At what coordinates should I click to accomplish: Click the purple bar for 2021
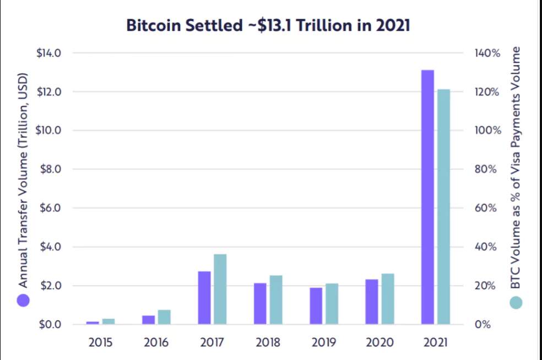coord(427,197)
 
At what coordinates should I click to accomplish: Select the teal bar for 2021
coord(443,206)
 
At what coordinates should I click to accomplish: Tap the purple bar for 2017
coord(204,298)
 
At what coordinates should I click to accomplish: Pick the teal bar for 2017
coord(220,289)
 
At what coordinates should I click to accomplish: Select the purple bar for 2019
coord(316,305)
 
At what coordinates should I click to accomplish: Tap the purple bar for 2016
coord(149,320)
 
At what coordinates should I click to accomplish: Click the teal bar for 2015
coord(109,321)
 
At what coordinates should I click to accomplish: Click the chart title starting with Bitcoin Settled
coord(268,25)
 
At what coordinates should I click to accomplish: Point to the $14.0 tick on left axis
coord(49,53)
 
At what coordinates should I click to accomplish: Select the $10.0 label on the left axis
coord(49,131)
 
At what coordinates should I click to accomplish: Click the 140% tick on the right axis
coord(486,53)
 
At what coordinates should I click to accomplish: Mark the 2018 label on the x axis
coord(268,342)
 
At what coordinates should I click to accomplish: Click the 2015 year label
coord(100,342)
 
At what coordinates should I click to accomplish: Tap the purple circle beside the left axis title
coord(23,300)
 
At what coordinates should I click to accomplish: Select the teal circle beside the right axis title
coord(516,302)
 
